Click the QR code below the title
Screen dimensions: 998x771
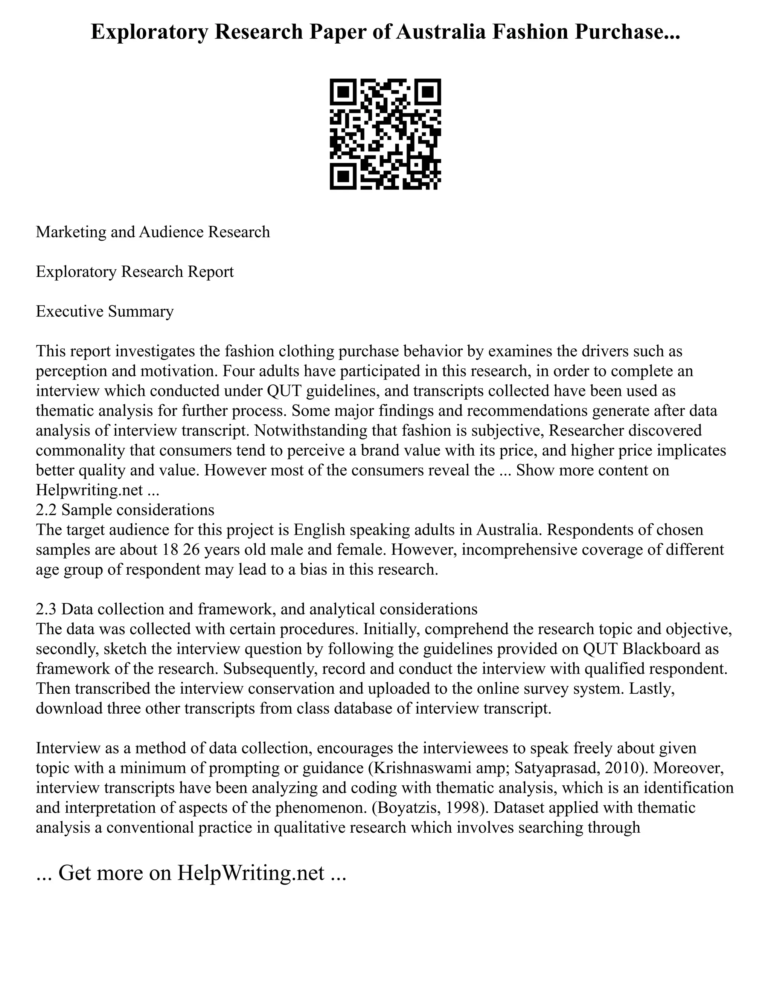(385, 134)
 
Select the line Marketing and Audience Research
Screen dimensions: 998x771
(152, 232)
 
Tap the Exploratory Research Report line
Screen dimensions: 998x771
(135, 272)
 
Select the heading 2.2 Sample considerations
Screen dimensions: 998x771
(125, 510)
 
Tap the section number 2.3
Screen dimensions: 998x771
(47, 609)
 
